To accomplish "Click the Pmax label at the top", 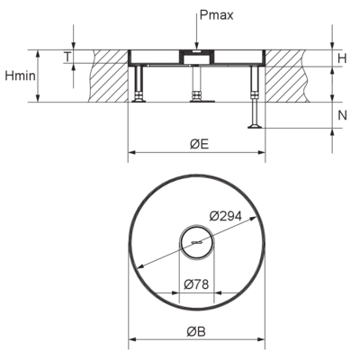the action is click(x=216, y=15).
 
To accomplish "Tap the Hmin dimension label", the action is click(x=20, y=76).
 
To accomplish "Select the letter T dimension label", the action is click(x=67, y=57).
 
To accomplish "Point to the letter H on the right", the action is click(x=342, y=58).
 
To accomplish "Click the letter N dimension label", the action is click(x=342, y=115).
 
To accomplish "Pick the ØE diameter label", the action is click(x=199, y=144).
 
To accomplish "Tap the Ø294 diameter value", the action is click(x=226, y=216).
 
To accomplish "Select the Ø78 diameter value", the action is click(x=196, y=283).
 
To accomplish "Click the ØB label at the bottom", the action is click(x=196, y=331).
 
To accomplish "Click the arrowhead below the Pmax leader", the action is click(x=196, y=46).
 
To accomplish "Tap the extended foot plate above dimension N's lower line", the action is click(x=255, y=127).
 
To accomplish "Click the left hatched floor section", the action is click(x=109, y=76).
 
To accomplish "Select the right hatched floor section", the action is click(x=287, y=76).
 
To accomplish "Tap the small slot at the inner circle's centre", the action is click(x=196, y=242).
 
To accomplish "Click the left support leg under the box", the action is click(x=139, y=84).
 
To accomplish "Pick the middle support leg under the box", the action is click(x=196, y=84).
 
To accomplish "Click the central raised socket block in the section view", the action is click(x=196, y=57).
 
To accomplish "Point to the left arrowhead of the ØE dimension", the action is click(x=132, y=153).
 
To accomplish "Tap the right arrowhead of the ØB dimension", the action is click(x=261, y=339).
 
